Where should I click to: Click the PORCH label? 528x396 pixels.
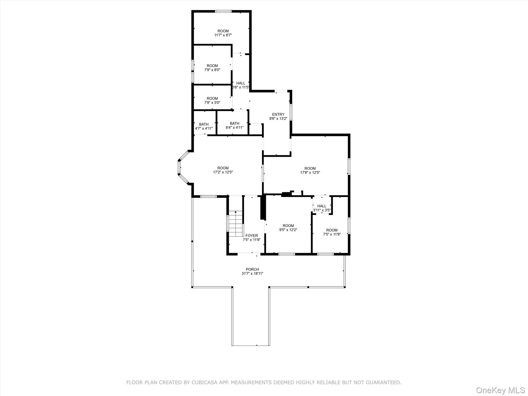[x=252, y=269]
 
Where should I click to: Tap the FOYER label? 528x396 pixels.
[x=252, y=235]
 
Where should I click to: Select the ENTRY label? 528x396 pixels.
[x=278, y=114]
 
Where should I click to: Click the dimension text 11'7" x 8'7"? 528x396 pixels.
[x=223, y=35]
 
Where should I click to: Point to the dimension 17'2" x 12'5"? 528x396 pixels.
[x=223, y=172]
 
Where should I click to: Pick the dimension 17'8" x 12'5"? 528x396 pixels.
[x=310, y=173]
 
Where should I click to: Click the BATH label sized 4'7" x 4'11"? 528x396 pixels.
[x=204, y=124]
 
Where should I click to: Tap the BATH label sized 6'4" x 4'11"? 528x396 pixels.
[x=234, y=123]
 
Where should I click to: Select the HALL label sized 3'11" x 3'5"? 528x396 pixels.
[x=321, y=206]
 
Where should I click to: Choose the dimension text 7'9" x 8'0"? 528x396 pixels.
[x=212, y=70]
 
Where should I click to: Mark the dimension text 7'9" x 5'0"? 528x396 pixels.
[x=212, y=103]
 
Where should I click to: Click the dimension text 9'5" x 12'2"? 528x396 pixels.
[x=288, y=230]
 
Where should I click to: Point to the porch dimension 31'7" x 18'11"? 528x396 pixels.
[x=252, y=274]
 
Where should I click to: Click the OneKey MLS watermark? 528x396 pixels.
[x=500, y=390]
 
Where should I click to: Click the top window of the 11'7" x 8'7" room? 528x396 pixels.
[x=223, y=11]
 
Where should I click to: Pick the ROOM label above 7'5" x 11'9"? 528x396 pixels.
[x=332, y=230]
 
